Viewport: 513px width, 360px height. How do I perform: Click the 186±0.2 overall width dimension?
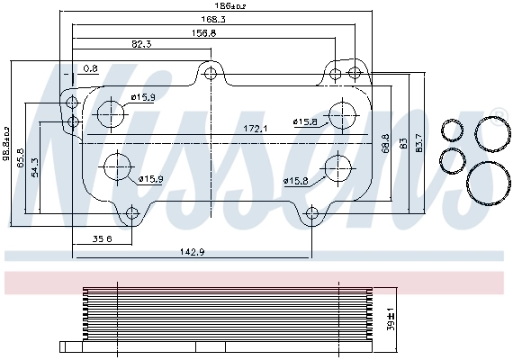[x=215, y=7]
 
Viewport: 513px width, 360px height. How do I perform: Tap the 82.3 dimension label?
[x=141, y=44]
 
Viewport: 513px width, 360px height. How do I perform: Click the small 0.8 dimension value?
[x=90, y=67]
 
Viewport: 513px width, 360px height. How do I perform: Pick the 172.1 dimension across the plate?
[x=256, y=129]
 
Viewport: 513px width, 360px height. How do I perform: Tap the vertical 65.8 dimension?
[x=21, y=158]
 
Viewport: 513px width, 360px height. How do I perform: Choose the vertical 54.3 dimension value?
[x=34, y=167]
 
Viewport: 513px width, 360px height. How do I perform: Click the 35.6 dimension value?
[x=103, y=238]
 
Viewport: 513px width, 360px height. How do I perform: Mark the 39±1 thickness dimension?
[x=390, y=320]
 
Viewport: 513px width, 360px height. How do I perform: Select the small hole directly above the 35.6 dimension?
[x=132, y=213]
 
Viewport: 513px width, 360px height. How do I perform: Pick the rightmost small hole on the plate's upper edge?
[x=355, y=73]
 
